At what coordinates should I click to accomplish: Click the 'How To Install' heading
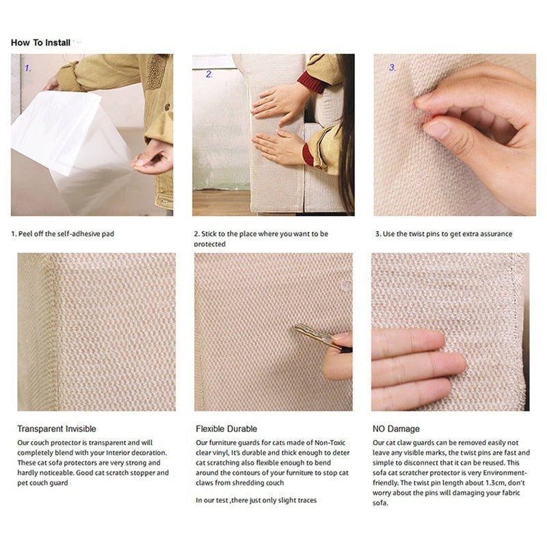click(40, 42)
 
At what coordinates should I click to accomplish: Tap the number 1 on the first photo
click(28, 68)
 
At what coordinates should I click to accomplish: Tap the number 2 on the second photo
click(209, 74)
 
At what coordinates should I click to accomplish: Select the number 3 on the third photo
click(392, 68)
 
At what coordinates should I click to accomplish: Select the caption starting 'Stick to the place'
click(261, 234)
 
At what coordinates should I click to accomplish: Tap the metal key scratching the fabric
click(315, 335)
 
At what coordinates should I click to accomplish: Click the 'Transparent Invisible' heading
click(57, 429)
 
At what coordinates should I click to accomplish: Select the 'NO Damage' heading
click(397, 429)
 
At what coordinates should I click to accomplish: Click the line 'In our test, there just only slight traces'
click(256, 501)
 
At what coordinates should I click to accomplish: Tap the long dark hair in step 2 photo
click(345, 137)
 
